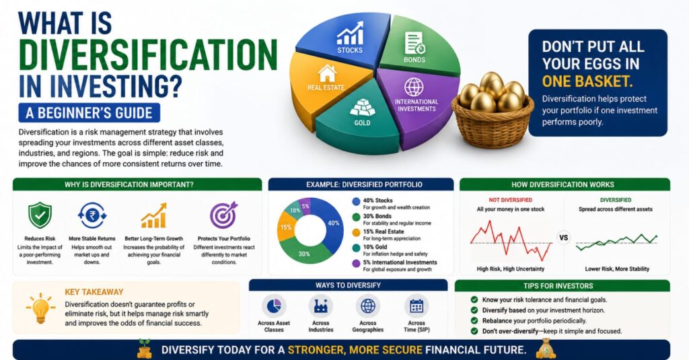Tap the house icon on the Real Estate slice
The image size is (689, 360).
pyautogui.click(x=326, y=73)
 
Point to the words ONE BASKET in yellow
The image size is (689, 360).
pyautogui.click(x=587, y=81)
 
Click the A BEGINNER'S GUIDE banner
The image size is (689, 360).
pyautogui.click(x=89, y=113)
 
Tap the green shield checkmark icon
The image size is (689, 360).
pyautogui.click(x=40, y=215)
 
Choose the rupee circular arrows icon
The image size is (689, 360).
pyautogui.click(x=92, y=215)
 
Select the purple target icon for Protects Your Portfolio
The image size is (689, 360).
pyautogui.click(x=223, y=215)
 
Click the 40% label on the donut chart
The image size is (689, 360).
pyautogui.click(x=334, y=223)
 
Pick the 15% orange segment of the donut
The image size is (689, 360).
pyautogui.click(x=287, y=227)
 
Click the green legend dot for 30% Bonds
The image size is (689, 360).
pyautogui.click(x=357, y=217)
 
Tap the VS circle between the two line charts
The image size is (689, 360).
pyautogui.click(x=563, y=238)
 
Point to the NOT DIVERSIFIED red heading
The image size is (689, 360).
pyautogui.click(x=511, y=200)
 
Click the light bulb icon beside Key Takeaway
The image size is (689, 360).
pyautogui.click(x=40, y=308)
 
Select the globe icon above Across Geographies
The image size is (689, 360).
pyautogui.click(x=368, y=306)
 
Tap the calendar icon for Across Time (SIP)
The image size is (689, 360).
pyautogui.click(x=416, y=306)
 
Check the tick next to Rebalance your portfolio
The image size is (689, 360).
pyautogui.click(x=474, y=321)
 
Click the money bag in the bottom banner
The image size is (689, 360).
pyautogui.click(x=546, y=349)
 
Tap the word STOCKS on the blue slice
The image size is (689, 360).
pyautogui.click(x=350, y=50)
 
